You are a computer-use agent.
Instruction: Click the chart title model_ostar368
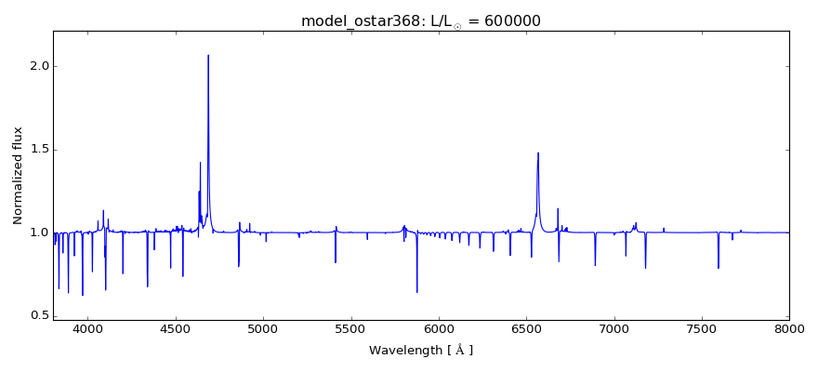(x=363, y=21)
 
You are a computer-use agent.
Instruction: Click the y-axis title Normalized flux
(x=18, y=176)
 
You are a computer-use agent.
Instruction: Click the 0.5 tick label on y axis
(x=37, y=315)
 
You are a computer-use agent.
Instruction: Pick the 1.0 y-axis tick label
(x=37, y=232)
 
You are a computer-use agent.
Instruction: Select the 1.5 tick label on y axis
(x=37, y=150)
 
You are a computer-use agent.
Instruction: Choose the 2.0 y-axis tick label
(x=37, y=67)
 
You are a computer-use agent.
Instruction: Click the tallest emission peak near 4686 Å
(x=208, y=55)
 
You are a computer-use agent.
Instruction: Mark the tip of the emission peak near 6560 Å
(x=538, y=153)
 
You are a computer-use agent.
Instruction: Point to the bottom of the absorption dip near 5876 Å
(x=416, y=292)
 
